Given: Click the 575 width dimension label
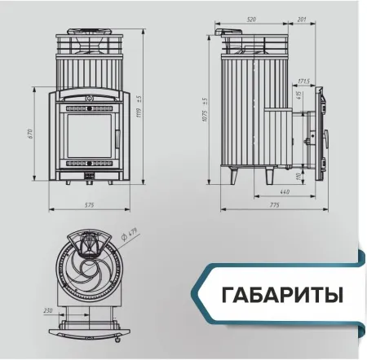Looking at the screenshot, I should [x=89, y=204].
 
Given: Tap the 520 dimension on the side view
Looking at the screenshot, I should [x=250, y=18].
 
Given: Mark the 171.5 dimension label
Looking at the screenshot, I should [x=303, y=81].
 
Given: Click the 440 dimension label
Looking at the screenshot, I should [x=285, y=191].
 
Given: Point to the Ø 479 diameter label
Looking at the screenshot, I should [x=134, y=236].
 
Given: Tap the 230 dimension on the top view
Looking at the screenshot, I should [x=48, y=310].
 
